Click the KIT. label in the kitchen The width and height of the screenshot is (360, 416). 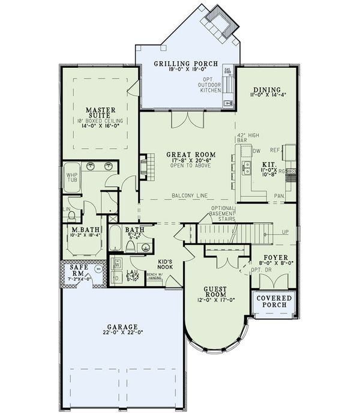(268, 163)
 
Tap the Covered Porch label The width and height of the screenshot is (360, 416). (274, 301)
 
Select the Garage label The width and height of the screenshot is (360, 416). (122, 327)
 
